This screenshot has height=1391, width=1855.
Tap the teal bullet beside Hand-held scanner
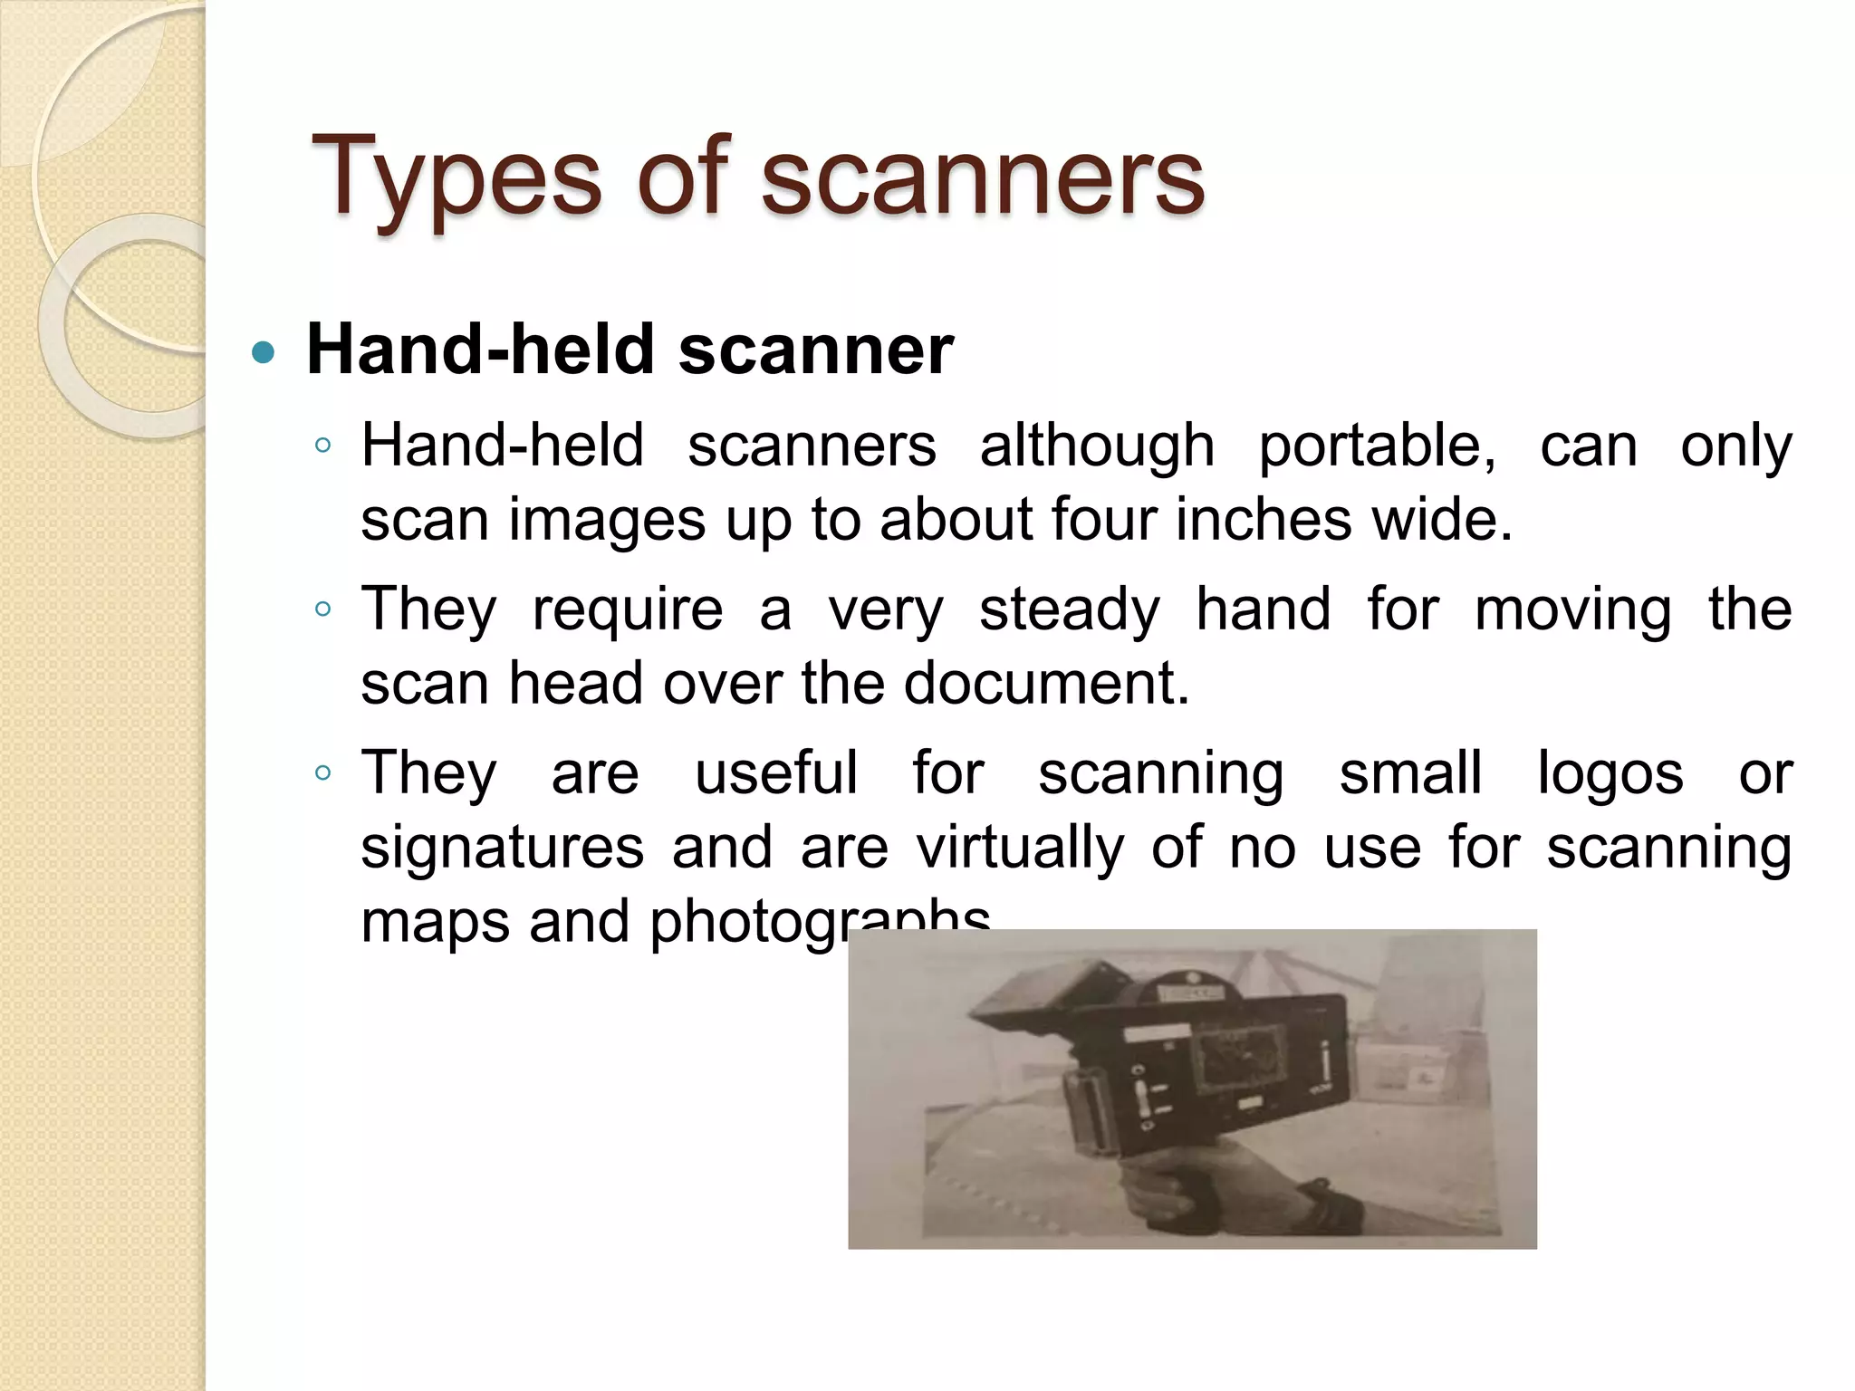click(263, 352)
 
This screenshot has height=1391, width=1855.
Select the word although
click(1097, 446)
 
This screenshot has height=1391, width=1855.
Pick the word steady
click(1069, 609)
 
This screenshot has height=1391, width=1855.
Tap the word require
click(628, 609)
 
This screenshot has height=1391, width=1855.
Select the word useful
click(776, 773)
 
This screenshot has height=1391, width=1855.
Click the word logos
click(1610, 773)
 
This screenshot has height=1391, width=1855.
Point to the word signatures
click(503, 848)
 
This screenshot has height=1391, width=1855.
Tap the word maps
click(431, 922)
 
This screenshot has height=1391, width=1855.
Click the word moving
click(1573, 609)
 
